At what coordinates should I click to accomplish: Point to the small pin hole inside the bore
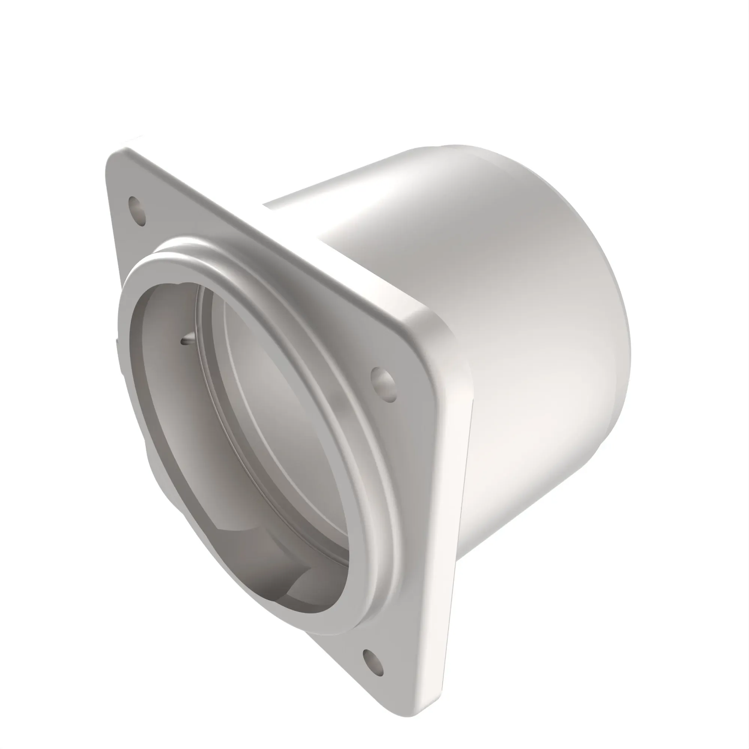184,341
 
